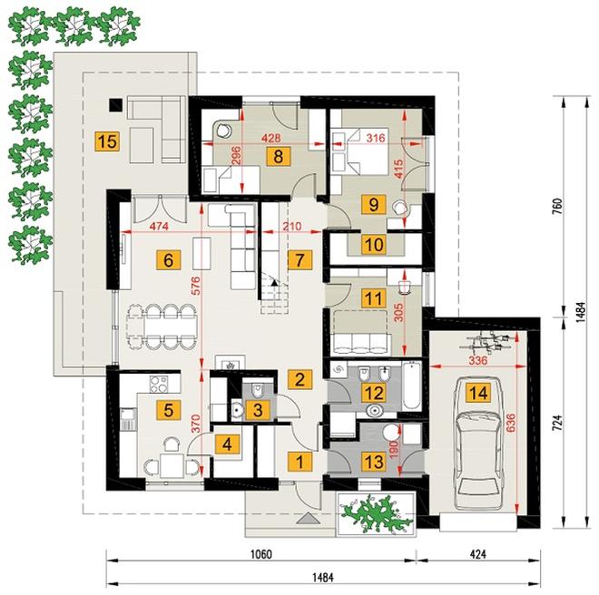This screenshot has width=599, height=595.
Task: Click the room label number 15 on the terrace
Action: tap(107, 141)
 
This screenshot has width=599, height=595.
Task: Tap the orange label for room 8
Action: tap(279, 156)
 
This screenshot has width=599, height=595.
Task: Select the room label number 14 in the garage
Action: tap(478, 393)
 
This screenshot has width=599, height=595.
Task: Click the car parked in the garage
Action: tap(478, 444)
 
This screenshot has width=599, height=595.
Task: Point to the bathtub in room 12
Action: tap(411, 386)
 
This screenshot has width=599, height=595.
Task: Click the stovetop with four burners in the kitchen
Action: tap(159, 384)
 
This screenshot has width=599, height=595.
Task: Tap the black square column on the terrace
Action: tap(115, 104)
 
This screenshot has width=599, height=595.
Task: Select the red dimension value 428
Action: tap(270, 138)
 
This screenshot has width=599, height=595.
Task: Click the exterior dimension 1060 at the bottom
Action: tap(261, 554)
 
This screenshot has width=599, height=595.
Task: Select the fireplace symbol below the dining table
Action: tap(230, 363)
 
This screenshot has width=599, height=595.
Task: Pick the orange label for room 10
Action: tap(374, 244)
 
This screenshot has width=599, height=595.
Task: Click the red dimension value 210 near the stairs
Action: tap(293, 227)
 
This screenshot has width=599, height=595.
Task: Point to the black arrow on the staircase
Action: tap(274, 283)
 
